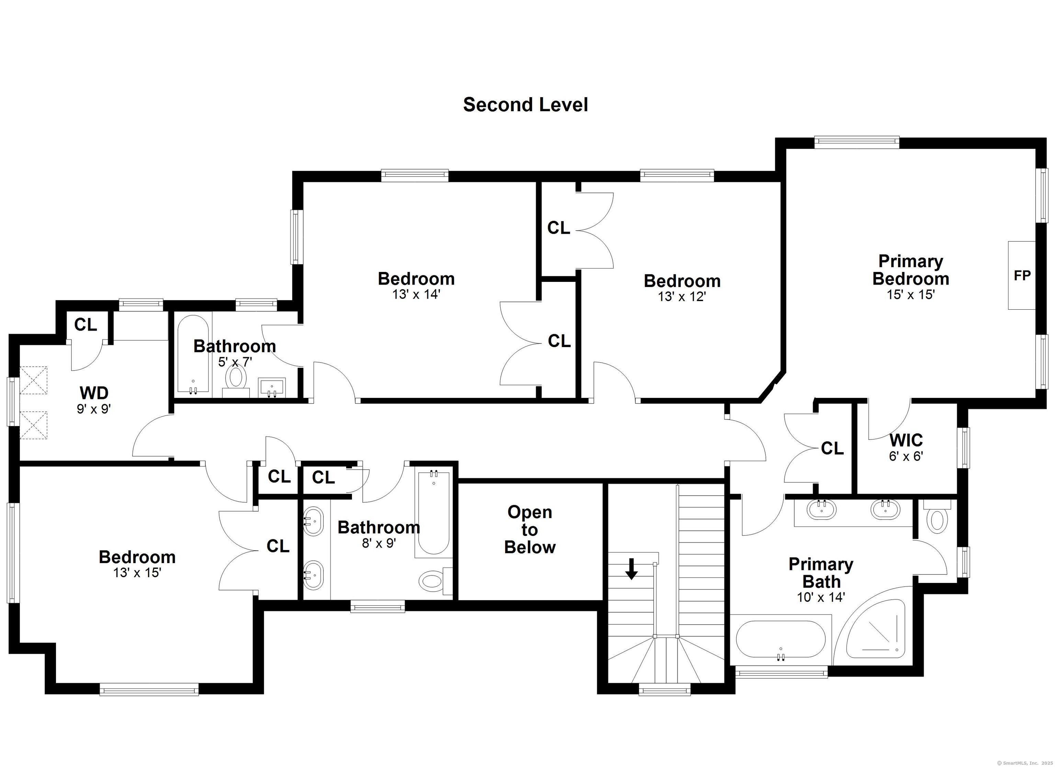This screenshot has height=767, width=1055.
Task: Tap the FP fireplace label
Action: [1022, 275]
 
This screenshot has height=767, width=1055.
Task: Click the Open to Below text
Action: [530, 530]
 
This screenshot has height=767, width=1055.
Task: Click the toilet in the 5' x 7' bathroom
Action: [236, 381]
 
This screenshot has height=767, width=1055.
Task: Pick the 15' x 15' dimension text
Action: [910, 295]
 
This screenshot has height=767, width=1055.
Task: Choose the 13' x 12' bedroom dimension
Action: [682, 296]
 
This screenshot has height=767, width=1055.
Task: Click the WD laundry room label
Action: [94, 393]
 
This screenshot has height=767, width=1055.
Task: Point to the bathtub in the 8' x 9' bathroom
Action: [433, 513]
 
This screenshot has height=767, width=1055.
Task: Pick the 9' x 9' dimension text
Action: [94, 409]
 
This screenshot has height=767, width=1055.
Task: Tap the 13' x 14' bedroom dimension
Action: [416, 295]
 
